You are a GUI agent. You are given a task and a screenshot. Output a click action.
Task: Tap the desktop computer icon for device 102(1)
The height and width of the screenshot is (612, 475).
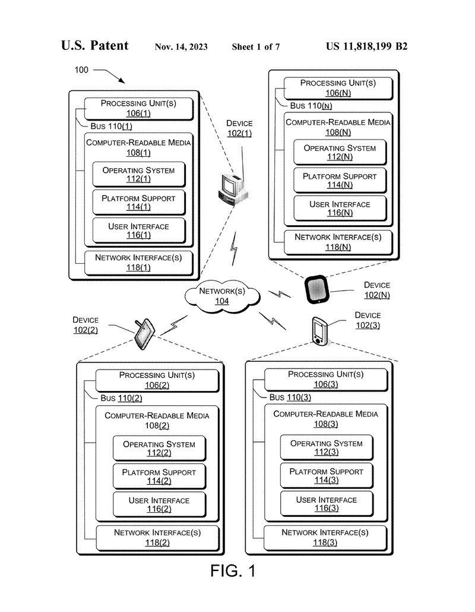click(229, 188)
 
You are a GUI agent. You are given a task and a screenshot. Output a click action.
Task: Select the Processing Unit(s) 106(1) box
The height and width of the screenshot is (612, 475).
click(138, 108)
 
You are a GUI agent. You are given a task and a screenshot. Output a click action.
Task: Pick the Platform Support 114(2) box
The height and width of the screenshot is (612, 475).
click(159, 477)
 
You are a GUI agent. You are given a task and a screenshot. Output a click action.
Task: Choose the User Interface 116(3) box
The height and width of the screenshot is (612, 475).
click(327, 503)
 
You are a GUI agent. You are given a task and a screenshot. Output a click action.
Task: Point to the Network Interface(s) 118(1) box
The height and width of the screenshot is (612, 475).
click(138, 263)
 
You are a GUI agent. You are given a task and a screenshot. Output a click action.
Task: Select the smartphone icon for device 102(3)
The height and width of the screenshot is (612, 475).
click(319, 331)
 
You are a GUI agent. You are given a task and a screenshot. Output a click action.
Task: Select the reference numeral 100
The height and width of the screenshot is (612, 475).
click(81, 70)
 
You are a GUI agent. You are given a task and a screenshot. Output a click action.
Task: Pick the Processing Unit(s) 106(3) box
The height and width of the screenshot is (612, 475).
click(326, 379)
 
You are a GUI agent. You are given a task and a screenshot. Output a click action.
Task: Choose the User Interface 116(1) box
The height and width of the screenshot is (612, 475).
click(138, 231)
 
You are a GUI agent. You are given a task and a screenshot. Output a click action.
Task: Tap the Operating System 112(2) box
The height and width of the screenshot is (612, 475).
click(159, 449)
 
